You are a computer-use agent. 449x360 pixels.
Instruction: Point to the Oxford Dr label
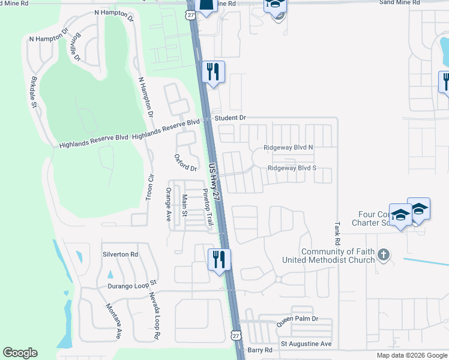(185, 163)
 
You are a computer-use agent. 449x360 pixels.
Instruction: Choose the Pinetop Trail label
(207, 207)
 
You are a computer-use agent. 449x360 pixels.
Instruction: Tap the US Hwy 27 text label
(215, 181)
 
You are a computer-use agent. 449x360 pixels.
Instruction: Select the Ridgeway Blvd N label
(289, 148)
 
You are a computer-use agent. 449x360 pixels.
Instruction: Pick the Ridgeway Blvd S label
(292, 169)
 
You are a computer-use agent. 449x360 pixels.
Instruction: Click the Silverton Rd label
(120, 254)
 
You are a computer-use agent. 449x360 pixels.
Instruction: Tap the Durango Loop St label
(132, 283)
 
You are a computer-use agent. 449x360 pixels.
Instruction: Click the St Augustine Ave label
(306, 344)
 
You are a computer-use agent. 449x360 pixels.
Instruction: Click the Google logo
(20, 353)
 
